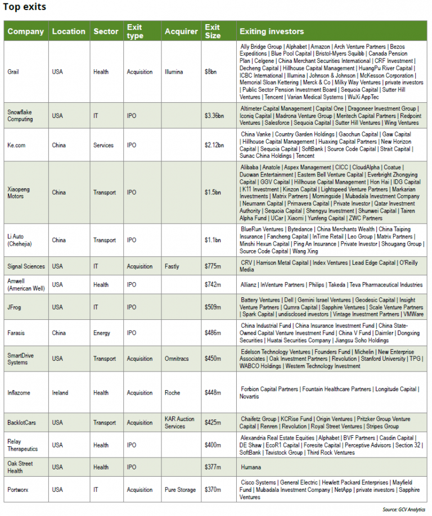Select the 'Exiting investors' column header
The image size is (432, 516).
(272, 31)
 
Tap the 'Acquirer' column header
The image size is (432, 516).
(181, 31)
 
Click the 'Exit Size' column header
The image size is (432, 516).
(213, 31)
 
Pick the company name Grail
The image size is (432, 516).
(13, 72)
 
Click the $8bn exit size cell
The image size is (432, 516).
(210, 72)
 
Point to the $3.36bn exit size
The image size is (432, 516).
(214, 116)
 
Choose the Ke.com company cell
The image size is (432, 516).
(17, 145)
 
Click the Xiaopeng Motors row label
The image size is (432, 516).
(19, 193)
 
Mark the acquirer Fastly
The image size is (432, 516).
(173, 266)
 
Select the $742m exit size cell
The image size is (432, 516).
(213, 285)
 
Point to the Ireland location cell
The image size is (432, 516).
(60, 393)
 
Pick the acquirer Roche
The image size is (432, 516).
(173, 393)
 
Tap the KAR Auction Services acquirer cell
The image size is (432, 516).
(179, 423)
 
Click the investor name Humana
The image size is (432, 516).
(251, 467)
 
